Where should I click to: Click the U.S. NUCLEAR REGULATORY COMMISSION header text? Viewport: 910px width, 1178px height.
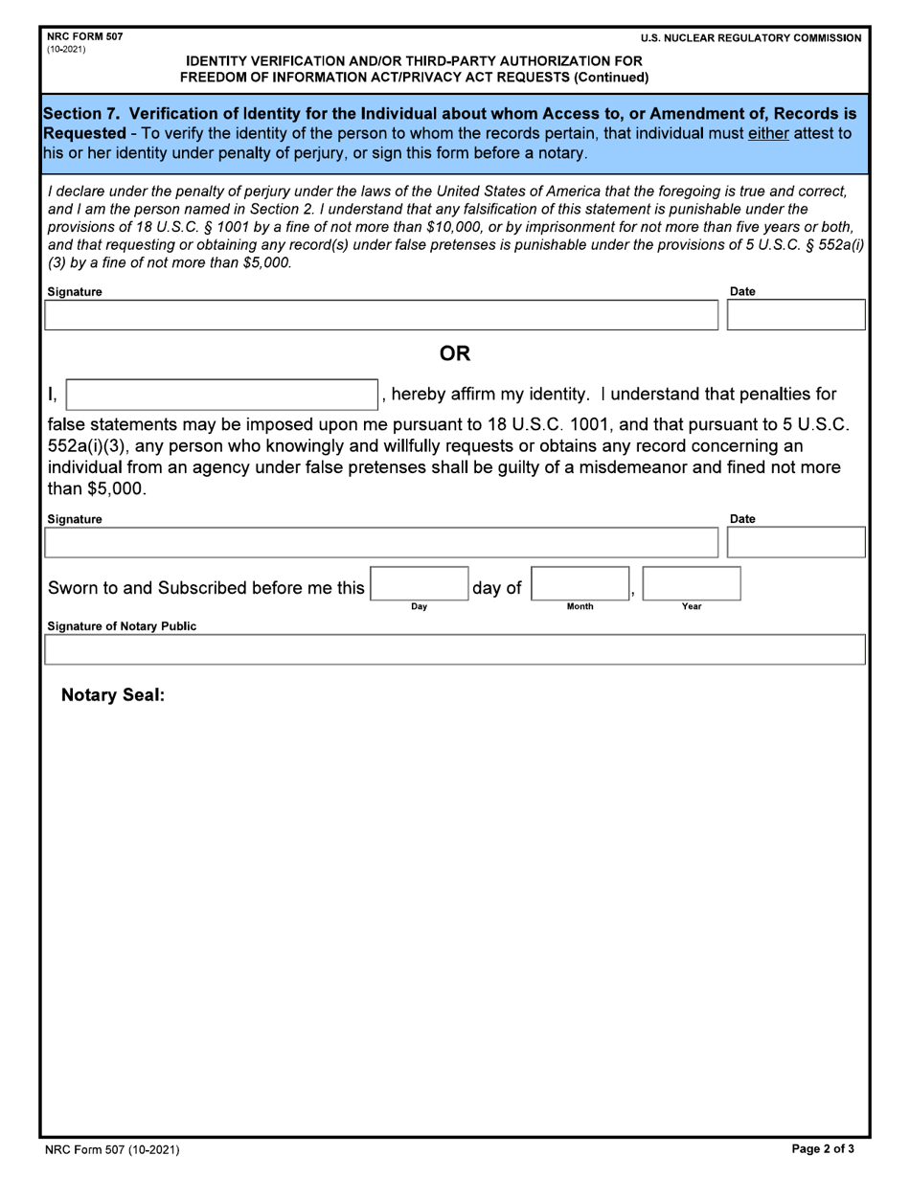pos(751,38)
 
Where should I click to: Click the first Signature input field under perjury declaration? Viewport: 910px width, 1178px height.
pos(380,315)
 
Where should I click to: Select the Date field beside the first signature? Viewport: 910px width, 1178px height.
pos(797,315)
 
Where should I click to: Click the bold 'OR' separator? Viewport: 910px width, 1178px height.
pos(454,354)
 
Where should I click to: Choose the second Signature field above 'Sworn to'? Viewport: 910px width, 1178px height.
pos(380,542)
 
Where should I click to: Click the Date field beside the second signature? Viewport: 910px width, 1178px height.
pos(797,542)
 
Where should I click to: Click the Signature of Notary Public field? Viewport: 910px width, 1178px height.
pos(454,649)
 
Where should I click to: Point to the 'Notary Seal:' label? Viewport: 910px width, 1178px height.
pos(113,695)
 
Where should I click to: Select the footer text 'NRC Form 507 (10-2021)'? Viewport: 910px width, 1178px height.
pos(112,1149)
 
